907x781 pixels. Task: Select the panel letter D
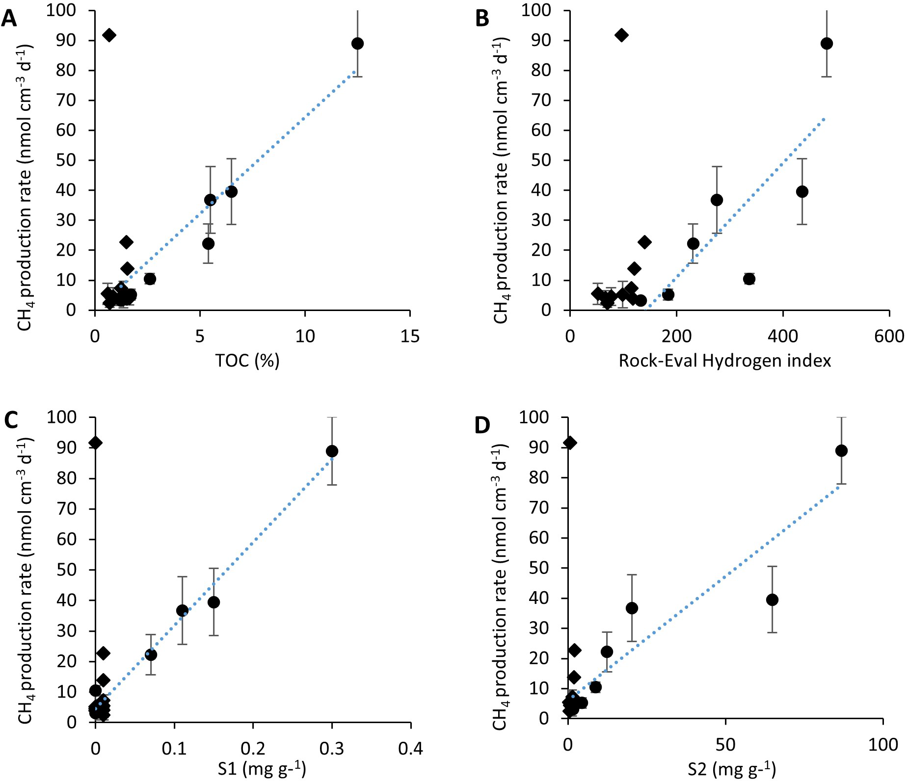click(x=483, y=425)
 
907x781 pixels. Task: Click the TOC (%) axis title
click(x=248, y=361)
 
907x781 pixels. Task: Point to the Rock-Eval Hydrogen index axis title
click(x=725, y=361)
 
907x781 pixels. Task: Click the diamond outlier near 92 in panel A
click(x=109, y=35)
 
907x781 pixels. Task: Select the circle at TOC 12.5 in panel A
click(x=358, y=43)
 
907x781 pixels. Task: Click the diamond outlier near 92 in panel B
click(x=621, y=35)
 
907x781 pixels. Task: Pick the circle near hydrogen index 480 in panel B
click(x=827, y=43)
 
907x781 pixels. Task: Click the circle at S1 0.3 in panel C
click(x=332, y=451)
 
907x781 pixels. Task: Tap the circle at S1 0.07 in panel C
click(x=151, y=654)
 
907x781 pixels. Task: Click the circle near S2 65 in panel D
click(x=772, y=599)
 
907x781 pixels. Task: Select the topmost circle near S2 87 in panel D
click(x=841, y=451)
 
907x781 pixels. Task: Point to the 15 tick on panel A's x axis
click(x=410, y=336)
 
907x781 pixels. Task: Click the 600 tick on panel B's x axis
click(x=890, y=336)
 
